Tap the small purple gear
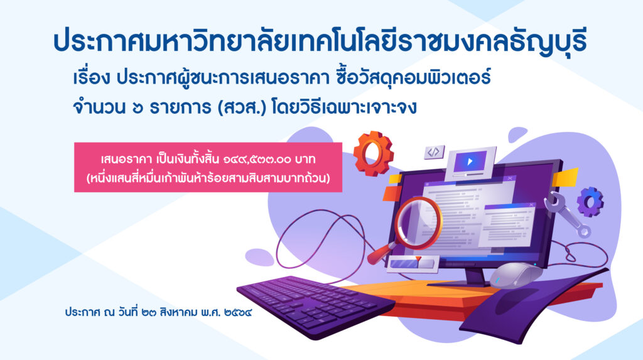click(x=590, y=202)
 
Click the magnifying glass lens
click(x=418, y=224)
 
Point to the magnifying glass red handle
click(x=380, y=254)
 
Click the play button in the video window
click(x=470, y=161)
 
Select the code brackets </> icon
click(x=434, y=152)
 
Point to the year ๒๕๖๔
click(x=238, y=313)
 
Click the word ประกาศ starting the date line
click(x=82, y=312)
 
